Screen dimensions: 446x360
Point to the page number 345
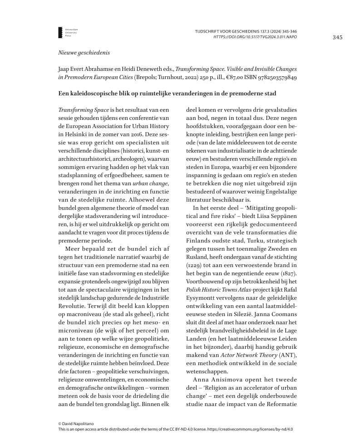tap(337, 37)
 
